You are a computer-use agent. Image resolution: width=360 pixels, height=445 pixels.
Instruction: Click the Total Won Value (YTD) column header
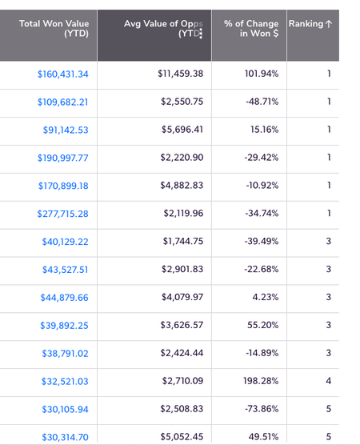(54, 28)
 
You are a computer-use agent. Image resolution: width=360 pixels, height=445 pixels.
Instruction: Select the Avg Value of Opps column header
(163, 28)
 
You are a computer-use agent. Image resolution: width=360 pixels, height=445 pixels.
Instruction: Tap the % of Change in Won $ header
(251, 28)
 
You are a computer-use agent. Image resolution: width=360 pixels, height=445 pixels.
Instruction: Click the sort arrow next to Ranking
(329, 24)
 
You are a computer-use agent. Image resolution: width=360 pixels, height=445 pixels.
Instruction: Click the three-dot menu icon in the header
(201, 34)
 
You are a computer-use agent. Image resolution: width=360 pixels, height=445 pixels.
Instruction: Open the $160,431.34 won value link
(63, 74)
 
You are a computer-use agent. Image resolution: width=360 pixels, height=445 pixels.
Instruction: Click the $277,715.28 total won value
(62, 214)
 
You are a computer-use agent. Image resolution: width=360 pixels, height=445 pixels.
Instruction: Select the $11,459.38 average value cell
(181, 74)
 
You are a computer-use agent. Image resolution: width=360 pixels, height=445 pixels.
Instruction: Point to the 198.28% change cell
(261, 381)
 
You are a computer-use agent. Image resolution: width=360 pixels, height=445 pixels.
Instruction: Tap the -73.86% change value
(262, 409)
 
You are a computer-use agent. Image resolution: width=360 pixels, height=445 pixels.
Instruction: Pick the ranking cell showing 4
(329, 381)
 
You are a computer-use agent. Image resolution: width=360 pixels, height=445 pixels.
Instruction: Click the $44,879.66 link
(64, 298)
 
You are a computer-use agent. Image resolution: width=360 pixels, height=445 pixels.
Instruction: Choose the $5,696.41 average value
(182, 130)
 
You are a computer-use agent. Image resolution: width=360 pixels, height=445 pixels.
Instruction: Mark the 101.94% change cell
(262, 74)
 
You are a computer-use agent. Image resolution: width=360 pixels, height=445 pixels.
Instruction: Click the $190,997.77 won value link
(63, 158)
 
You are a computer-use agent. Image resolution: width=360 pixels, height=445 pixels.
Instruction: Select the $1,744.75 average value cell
(183, 241)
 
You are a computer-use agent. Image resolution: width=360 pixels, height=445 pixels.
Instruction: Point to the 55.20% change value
(262, 325)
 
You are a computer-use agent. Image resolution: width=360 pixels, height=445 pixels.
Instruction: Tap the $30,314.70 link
(66, 437)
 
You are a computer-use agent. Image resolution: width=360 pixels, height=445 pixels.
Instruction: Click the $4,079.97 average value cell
(182, 297)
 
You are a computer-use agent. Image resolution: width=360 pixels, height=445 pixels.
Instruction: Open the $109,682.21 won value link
(63, 102)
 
